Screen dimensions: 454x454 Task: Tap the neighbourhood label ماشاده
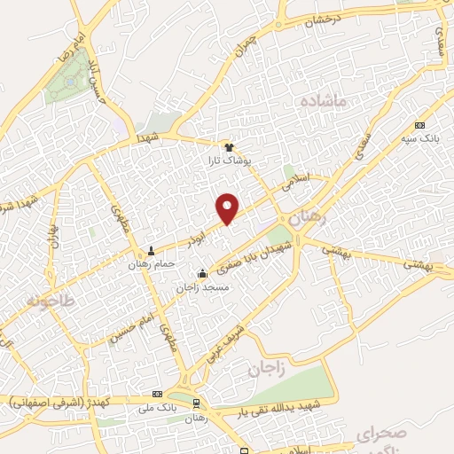(330, 103)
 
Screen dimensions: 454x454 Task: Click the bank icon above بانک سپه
(419, 125)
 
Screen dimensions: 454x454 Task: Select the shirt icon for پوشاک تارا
(230, 146)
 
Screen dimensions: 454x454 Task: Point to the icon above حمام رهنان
(153, 251)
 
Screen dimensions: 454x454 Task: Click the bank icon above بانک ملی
(158, 393)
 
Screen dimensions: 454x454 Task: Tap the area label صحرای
(383, 433)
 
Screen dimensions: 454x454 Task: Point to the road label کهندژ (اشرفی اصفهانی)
(59, 402)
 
